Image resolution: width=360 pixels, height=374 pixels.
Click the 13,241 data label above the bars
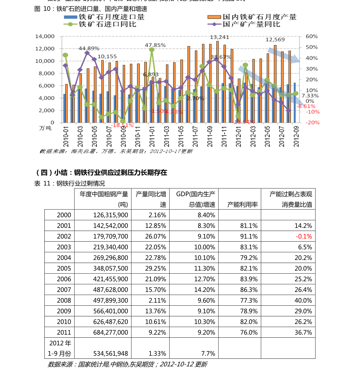[219, 37]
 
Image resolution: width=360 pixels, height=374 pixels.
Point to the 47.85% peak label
[155, 45]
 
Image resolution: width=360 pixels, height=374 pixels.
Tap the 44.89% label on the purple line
[89, 48]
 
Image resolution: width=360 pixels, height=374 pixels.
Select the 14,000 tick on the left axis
[45, 36]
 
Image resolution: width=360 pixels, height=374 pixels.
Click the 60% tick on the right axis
[312, 36]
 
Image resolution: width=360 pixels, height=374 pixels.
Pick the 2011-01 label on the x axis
[152, 136]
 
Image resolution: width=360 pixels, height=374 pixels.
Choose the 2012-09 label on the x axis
[296, 136]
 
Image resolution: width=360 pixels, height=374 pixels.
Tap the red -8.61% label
[306, 106]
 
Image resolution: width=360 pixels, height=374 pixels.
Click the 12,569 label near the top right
[275, 40]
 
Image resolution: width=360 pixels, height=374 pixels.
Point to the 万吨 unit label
[45, 128]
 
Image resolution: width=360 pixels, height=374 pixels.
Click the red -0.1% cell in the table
[304, 236]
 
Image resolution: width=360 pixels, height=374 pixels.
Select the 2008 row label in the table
[64, 301]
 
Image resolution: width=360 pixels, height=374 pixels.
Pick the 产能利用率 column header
[242, 205]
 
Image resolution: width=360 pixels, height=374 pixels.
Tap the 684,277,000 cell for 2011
[111, 333]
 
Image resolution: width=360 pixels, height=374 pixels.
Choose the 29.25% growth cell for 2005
[156, 268]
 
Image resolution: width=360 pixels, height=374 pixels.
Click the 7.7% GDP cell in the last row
[208, 354]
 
